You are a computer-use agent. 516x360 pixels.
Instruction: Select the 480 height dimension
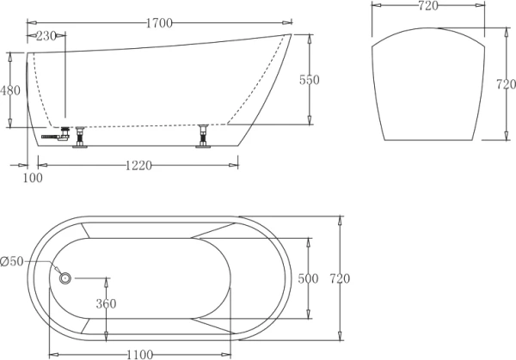(11, 90)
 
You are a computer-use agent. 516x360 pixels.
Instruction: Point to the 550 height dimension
(309, 80)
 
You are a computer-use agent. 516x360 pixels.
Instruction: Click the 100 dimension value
(33, 178)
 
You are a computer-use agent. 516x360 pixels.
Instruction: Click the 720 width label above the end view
(427, 7)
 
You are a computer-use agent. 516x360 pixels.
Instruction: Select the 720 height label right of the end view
(505, 85)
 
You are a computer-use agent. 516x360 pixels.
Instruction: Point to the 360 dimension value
(107, 303)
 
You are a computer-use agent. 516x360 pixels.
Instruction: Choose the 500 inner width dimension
(308, 278)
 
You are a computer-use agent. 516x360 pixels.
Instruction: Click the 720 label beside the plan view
(341, 278)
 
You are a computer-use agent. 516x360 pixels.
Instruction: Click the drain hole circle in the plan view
(64, 278)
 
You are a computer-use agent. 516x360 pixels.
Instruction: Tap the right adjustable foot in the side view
(204, 137)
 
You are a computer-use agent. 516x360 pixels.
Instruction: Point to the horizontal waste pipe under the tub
(56, 135)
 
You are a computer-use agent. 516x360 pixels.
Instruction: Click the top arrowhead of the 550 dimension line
(309, 36)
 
